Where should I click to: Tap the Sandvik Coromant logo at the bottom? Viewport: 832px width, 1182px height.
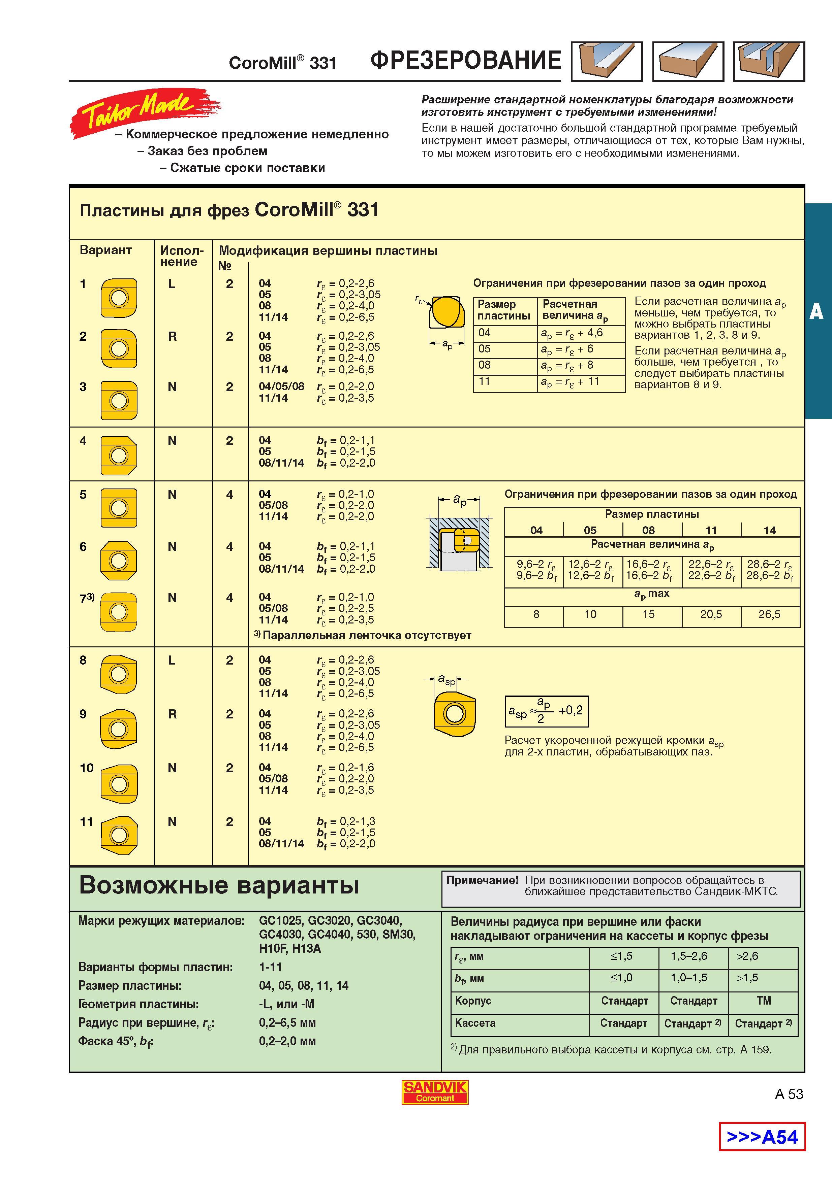point(435,1092)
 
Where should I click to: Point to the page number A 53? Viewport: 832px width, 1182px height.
point(789,1094)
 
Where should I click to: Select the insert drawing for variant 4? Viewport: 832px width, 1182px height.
point(119,455)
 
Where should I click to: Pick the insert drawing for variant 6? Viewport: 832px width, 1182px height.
point(119,560)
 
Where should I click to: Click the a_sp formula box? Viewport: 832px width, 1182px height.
point(546,711)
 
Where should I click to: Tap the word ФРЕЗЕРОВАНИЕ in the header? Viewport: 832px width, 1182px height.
point(465,60)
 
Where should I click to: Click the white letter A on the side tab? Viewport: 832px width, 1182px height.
point(816,311)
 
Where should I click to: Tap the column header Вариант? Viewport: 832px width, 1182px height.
point(105,250)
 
